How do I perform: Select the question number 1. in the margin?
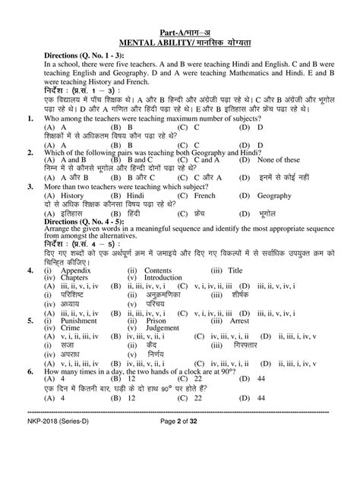point(29,118)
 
